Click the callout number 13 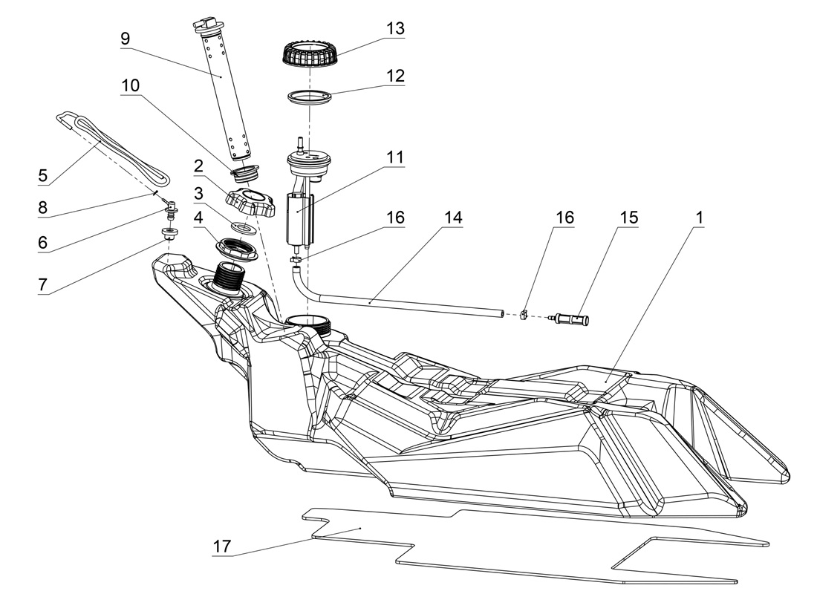(395, 28)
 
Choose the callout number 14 (452, 217)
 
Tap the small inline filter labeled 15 (571, 319)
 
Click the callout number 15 (629, 217)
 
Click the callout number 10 (130, 85)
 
